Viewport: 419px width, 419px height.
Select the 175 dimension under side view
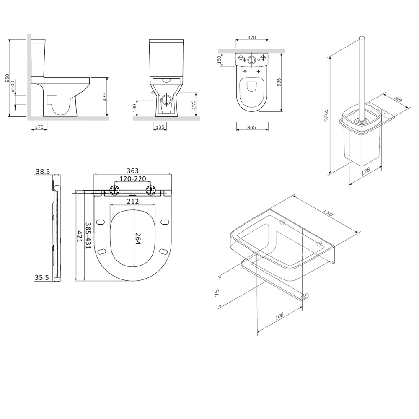click(39, 126)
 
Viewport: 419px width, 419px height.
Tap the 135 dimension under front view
click(160, 126)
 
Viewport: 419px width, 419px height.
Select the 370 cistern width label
click(251, 37)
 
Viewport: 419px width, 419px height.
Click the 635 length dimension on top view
click(279, 82)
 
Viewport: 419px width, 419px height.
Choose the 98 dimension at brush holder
click(398, 100)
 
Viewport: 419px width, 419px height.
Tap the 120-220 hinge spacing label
click(132, 179)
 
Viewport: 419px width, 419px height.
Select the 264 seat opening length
click(137, 238)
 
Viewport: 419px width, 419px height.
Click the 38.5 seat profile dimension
click(43, 171)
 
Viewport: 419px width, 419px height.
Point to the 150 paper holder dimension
click(328, 214)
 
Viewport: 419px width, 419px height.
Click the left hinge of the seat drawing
click(112, 190)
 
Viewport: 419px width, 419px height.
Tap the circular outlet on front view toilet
click(167, 100)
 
